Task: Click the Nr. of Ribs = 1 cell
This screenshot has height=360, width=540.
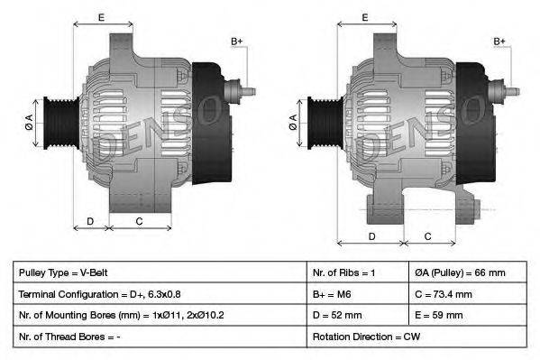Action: pyautogui.click(x=343, y=272)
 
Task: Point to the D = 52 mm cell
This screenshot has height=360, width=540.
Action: pyautogui.click(x=337, y=315)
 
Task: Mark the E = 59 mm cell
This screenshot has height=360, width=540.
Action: pyautogui.click(x=442, y=315)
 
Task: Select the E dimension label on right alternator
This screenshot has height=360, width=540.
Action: pyautogui.click(x=365, y=17)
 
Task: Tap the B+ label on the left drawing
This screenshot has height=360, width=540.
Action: pyautogui.click(x=236, y=42)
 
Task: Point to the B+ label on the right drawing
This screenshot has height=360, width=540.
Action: pyautogui.click(x=500, y=42)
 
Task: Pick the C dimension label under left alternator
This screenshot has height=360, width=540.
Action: pyautogui.click(x=139, y=221)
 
